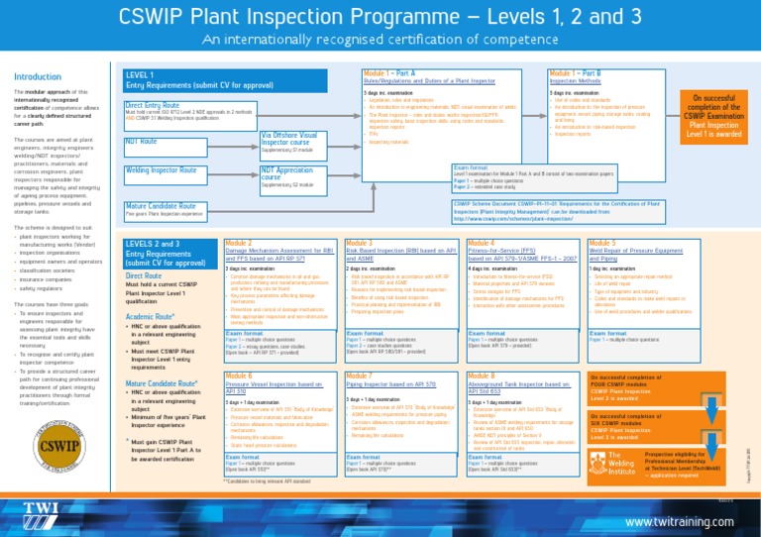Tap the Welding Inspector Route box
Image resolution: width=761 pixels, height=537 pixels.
tap(159, 170)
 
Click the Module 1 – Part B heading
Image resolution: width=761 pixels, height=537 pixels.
tap(583, 73)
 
